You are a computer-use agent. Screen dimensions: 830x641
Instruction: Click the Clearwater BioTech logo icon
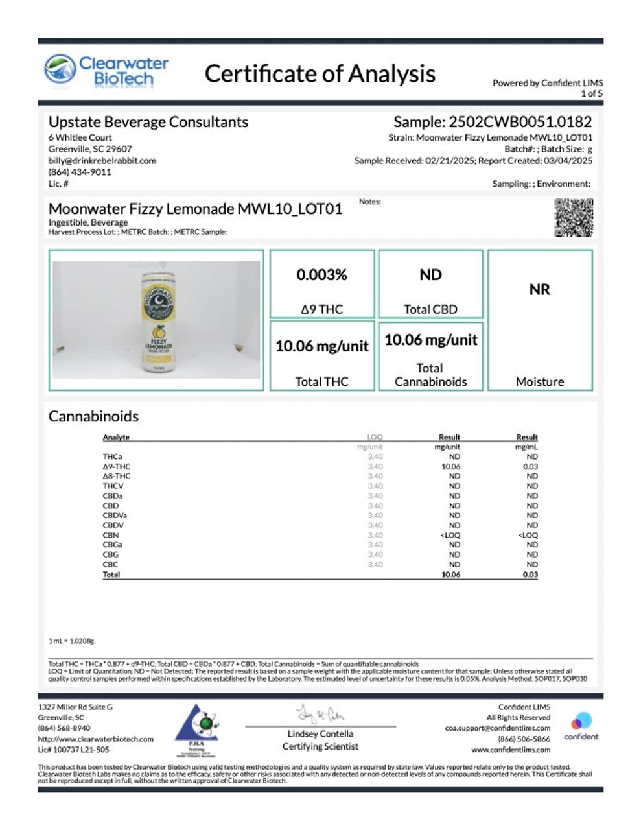click(60, 70)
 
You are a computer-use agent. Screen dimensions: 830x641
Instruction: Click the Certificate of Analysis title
click(320, 74)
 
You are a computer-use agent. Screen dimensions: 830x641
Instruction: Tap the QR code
click(574, 218)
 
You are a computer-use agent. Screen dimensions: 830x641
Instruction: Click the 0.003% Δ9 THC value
click(321, 275)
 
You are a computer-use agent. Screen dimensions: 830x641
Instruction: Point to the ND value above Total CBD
click(430, 275)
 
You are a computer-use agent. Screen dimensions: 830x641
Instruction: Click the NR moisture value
click(539, 289)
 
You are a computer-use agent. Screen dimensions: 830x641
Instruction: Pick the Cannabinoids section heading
click(93, 416)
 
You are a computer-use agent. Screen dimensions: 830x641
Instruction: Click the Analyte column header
click(116, 437)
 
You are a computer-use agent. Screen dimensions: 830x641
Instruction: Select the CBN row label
click(110, 535)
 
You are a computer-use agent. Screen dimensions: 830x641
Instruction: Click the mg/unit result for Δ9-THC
click(450, 466)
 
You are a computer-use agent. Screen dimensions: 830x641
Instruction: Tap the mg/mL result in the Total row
click(531, 575)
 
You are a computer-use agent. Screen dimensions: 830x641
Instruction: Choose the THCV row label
click(113, 486)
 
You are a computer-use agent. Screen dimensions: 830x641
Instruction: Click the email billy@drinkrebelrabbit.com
click(102, 161)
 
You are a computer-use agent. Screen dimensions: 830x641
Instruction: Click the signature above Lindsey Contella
click(320, 715)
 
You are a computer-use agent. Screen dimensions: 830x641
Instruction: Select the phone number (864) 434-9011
click(80, 172)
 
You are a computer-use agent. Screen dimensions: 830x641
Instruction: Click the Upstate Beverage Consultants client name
click(148, 122)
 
